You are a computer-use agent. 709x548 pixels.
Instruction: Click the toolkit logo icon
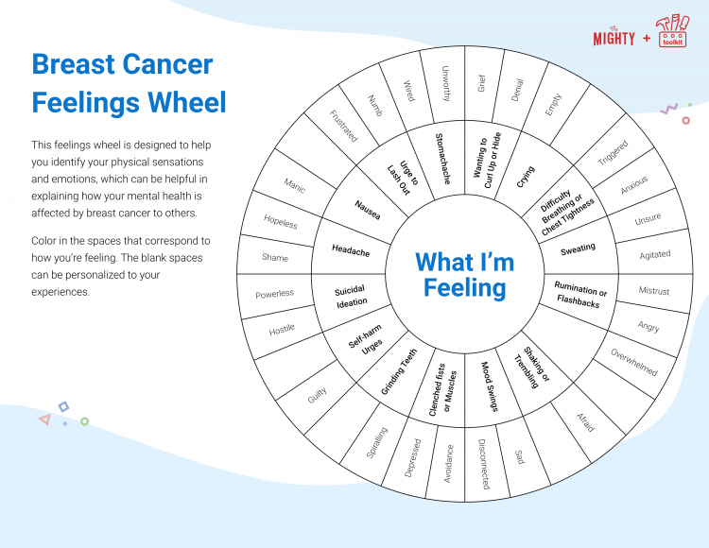(673, 31)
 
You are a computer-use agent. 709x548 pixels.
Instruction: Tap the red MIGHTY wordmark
(614, 37)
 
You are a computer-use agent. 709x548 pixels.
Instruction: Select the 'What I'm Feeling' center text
(465, 275)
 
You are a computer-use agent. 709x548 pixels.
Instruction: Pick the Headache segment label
(351, 250)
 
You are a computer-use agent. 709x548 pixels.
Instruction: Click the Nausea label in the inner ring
(368, 210)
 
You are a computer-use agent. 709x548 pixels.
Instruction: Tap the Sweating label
(578, 248)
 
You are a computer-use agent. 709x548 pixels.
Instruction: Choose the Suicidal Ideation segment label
(351, 297)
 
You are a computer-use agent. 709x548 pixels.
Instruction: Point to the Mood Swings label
(489, 386)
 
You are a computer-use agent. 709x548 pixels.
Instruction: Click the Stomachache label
(442, 159)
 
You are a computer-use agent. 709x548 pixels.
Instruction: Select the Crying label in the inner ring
(526, 177)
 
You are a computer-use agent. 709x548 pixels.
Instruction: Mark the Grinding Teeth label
(399, 372)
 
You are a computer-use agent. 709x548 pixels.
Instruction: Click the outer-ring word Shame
(275, 258)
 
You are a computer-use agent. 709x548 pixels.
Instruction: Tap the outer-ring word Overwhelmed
(634, 362)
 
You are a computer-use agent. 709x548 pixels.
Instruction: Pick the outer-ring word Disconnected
(484, 464)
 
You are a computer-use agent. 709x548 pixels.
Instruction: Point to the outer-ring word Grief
(481, 83)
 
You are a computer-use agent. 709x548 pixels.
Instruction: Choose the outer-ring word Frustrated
(344, 126)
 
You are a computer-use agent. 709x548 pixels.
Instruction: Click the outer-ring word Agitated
(655, 255)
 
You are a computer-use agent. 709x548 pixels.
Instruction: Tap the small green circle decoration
(84, 421)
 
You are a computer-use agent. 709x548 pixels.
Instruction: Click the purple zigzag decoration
(669, 109)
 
